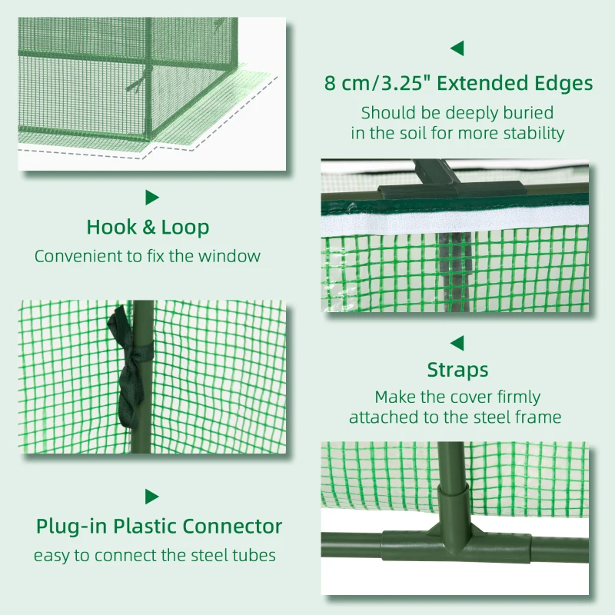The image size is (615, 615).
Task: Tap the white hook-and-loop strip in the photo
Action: pyautogui.click(x=454, y=224)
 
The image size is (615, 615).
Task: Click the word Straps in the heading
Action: pyautogui.click(x=457, y=370)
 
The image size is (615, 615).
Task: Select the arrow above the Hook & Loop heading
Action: pyautogui.click(x=152, y=198)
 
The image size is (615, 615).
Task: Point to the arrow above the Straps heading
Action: pyautogui.click(x=457, y=342)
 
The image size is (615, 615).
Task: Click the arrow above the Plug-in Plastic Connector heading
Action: pyautogui.click(x=152, y=497)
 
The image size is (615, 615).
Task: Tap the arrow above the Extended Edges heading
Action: pyautogui.click(x=457, y=48)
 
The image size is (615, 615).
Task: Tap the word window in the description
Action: pyautogui.click(x=234, y=256)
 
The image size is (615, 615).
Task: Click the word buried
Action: pyautogui.click(x=527, y=112)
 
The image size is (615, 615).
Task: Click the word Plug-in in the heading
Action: pyautogui.click(x=71, y=527)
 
